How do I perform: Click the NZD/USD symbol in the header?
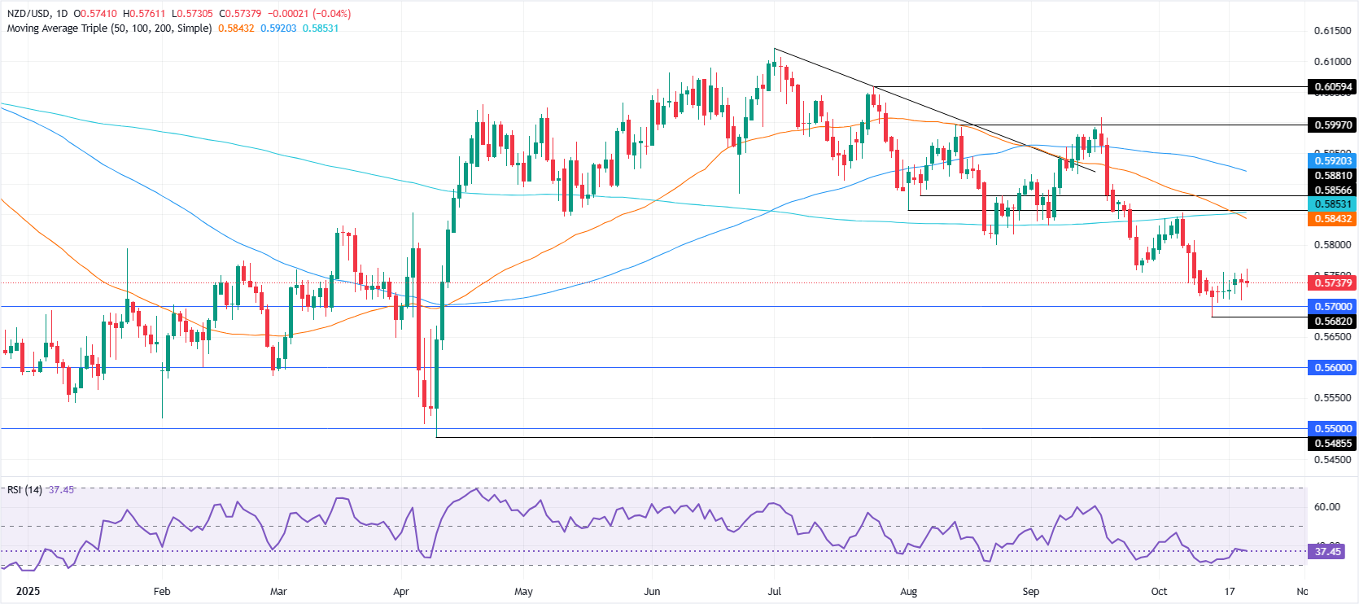(x=28, y=14)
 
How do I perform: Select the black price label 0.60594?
(x=1332, y=87)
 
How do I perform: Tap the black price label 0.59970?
(x=1332, y=125)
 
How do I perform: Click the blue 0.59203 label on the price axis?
(x=1332, y=161)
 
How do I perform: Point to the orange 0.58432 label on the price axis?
(x=1332, y=219)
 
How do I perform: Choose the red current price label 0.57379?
(x=1332, y=283)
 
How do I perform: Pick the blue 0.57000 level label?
(x=1332, y=307)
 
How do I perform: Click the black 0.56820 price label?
(x=1332, y=322)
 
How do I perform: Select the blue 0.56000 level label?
(x=1332, y=368)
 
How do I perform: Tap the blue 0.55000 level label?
(x=1332, y=429)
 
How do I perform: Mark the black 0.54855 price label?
(x=1332, y=444)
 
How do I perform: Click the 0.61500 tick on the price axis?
(x=1332, y=31)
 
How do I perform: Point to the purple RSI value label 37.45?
(x=1327, y=552)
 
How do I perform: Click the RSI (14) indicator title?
(x=24, y=490)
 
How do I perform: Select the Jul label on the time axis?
(x=774, y=592)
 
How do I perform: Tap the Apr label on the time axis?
(x=401, y=592)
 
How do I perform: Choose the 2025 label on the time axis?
(x=28, y=592)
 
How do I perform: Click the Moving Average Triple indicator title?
(x=109, y=28)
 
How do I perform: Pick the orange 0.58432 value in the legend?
(x=236, y=28)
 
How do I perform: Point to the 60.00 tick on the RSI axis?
(x=1326, y=506)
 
